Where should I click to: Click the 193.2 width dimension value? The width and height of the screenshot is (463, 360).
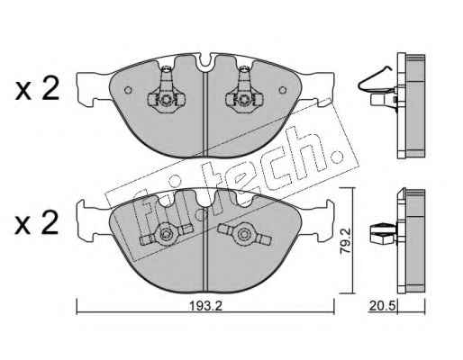pyautogui.click(x=206, y=306)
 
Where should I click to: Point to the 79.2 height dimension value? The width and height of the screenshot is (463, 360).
pyautogui.click(x=345, y=240)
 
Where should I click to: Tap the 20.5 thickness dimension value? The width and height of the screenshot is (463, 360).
pyautogui.click(x=382, y=306)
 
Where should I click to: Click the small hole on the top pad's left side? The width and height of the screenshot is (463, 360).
pyautogui.click(x=128, y=90)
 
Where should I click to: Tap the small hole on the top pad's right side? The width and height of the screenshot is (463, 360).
pyautogui.click(x=282, y=90)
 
